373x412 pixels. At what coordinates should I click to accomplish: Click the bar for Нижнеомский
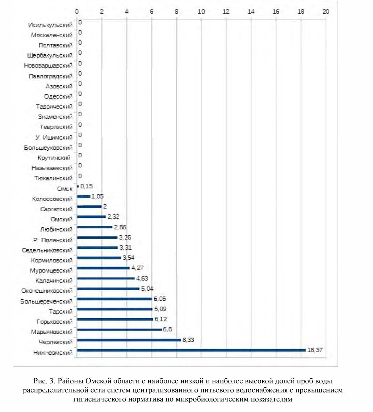tap(191, 350)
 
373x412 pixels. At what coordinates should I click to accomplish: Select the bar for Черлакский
tap(129, 340)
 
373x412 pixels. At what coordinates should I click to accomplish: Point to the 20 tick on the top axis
tap(326, 12)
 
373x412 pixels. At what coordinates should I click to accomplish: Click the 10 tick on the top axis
tap(201, 12)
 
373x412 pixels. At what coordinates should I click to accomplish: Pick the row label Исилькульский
tap(50, 25)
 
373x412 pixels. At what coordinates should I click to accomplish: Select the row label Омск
tap(65, 188)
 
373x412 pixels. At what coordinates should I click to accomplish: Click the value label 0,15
tap(87, 186)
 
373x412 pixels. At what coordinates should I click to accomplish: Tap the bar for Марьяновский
tap(119, 330)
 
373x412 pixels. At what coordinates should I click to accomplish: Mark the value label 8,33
tap(188, 340)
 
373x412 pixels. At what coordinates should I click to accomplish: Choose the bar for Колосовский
tap(84, 196)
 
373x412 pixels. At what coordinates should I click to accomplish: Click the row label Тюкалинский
tap(53, 178)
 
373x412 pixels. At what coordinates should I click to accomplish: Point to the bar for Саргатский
tap(89, 207)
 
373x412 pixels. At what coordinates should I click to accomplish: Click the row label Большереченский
tap(46, 301)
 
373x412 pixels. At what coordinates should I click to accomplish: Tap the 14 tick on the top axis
tap(251, 12)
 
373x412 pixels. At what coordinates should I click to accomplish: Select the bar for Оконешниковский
tap(108, 289)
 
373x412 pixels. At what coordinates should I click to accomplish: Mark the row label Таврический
tap(54, 107)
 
